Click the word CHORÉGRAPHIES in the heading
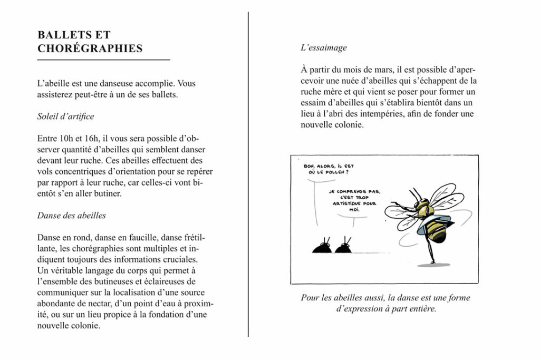pos(90,48)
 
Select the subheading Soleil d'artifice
pos(65,116)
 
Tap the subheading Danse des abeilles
pos(71,215)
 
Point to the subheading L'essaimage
pos(323,47)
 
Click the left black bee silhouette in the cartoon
pos(322,247)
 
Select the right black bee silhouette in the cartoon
pos(344,247)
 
